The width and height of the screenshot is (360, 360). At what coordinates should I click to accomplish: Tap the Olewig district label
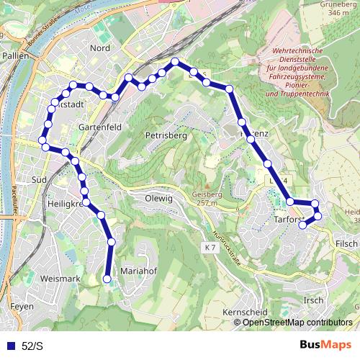pos(158,198)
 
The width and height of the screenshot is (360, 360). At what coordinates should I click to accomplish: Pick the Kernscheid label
pos(244,312)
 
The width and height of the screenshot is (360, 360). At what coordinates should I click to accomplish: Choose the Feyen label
pos(22,306)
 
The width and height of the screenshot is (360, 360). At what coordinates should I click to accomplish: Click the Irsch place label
pos(313,299)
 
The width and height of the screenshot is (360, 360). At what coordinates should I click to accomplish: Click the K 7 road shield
pos(210,247)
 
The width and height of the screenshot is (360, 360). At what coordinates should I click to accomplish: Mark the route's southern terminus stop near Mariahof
pos(107,279)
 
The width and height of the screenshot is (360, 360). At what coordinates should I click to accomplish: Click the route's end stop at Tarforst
pos(302,225)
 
